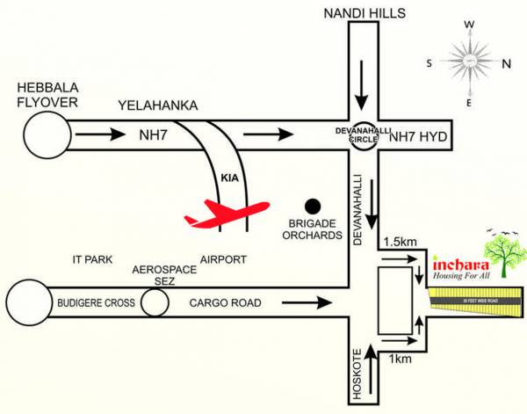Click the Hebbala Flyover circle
point(45,136)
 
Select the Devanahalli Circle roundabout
point(363,136)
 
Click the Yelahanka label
point(159,106)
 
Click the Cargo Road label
point(226,303)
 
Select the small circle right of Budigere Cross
point(155,303)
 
